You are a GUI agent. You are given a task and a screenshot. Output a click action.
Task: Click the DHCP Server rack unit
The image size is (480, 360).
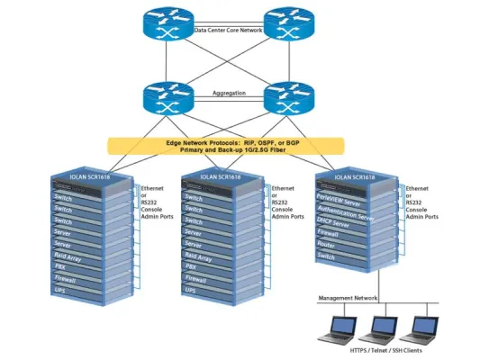pos(342,219)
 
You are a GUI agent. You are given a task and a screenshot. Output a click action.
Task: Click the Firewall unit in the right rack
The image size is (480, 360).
pos(337,231)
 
